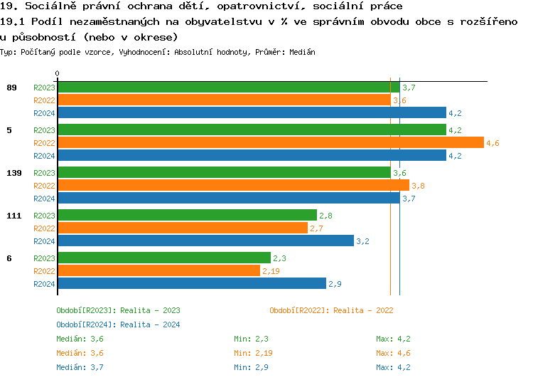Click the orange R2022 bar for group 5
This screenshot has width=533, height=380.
(270, 143)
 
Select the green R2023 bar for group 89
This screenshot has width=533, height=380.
(228, 87)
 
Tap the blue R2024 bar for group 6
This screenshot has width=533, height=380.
(191, 283)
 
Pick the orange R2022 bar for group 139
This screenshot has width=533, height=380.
(233, 186)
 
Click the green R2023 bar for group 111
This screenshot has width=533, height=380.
(187, 215)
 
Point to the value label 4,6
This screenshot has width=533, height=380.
(492, 143)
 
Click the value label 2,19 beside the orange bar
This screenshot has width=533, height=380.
(271, 271)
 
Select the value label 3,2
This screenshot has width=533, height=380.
(362, 241)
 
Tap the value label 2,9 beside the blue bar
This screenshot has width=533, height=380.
(335, 284)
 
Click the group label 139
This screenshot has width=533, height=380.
(14, 173)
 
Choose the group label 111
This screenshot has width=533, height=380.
(14, 216)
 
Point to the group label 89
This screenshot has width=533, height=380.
(11, 88)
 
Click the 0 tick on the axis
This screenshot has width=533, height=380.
(57, 73)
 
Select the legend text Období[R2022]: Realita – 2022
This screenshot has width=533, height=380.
(331, 310)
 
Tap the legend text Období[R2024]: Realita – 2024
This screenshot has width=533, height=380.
(118, 324)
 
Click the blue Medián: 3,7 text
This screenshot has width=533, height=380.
(80, 367)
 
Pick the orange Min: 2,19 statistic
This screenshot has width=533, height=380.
(254, 353)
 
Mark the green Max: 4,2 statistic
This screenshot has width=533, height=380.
(393, 339)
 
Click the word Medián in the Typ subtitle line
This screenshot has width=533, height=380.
(303, 53)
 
